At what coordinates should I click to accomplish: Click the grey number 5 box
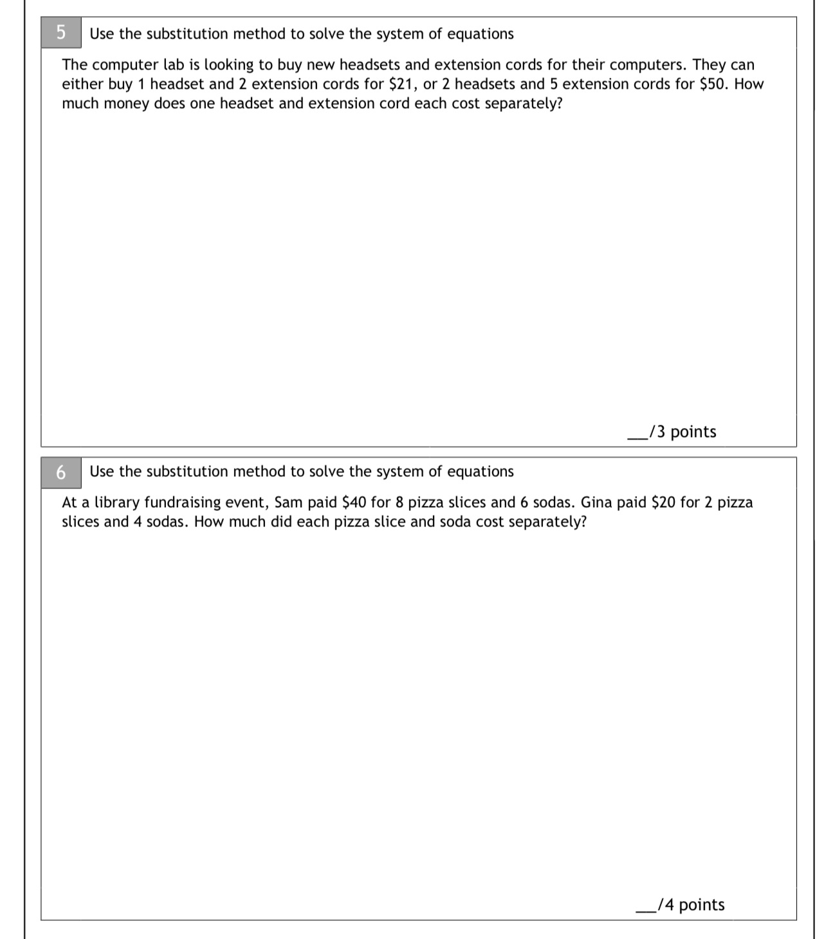pos(61,33)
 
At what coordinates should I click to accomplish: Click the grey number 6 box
pos(61,472)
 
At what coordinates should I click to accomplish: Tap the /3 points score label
pos(683,432)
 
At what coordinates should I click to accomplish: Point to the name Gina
pos(596,503)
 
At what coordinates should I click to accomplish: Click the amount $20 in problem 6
pos(663,503)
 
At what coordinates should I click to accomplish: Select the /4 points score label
pos(691,905)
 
